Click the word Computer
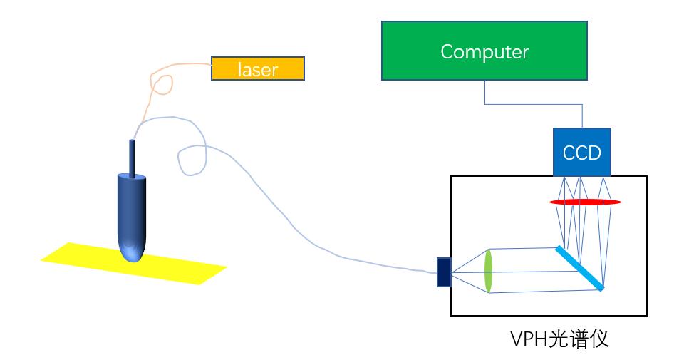(484, 51)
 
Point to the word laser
(258, 69)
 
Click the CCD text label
(582, 153)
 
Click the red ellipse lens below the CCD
(584, 202)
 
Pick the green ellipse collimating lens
(489, 271)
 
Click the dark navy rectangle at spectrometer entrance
(444, 272)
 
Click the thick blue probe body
(133, 210)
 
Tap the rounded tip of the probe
(133, 252)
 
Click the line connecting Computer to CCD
(534, 104)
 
